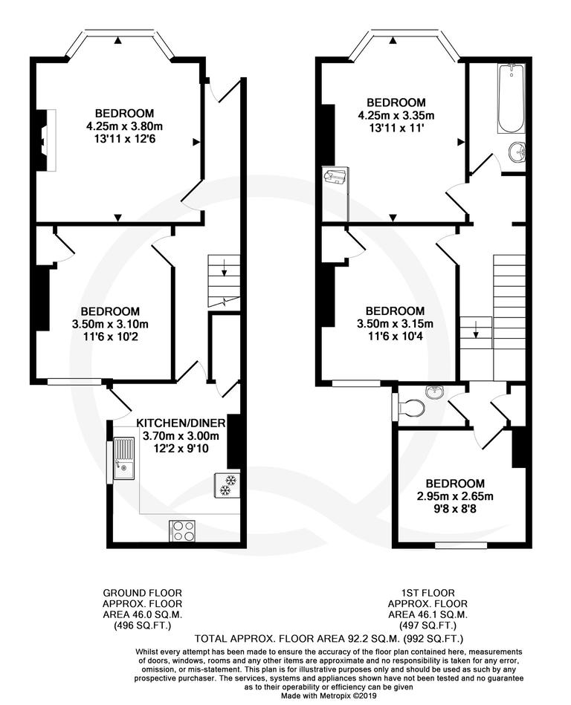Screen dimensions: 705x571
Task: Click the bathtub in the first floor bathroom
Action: pos(511,97)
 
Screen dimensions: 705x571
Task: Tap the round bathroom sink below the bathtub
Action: pos(517,153)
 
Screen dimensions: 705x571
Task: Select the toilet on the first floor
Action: pos(411,408)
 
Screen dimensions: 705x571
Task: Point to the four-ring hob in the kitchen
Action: pos(182,530)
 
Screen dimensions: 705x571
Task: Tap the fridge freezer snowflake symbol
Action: pos(225,484)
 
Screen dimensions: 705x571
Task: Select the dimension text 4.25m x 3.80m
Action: pos(124,126)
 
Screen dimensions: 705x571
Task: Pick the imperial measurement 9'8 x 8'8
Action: pos(455,510)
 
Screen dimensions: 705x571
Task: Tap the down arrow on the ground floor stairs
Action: pos(225,266)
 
